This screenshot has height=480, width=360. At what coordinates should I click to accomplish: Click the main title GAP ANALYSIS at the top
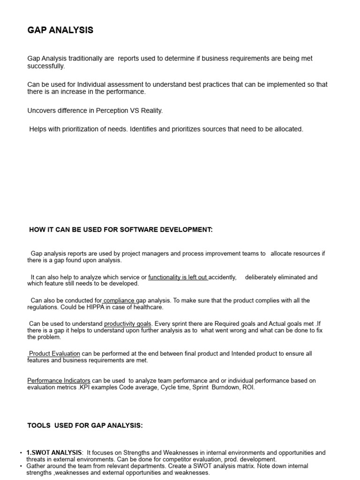(x=60, y=30)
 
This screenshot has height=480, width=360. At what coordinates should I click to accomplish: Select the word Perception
(x=114, y=111)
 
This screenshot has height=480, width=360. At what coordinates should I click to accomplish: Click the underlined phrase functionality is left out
(x=178, y=277)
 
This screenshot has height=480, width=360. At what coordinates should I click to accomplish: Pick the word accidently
(x=222, y=277)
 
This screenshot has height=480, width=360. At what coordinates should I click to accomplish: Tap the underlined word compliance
(x=119, y=300)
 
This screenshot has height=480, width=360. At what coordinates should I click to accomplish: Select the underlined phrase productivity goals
(x=127, y=324)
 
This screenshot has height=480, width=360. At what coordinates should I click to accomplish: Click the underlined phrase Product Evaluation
(x=54, y=353)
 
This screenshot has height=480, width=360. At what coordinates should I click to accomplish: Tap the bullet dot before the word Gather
(x=21, y=466)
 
